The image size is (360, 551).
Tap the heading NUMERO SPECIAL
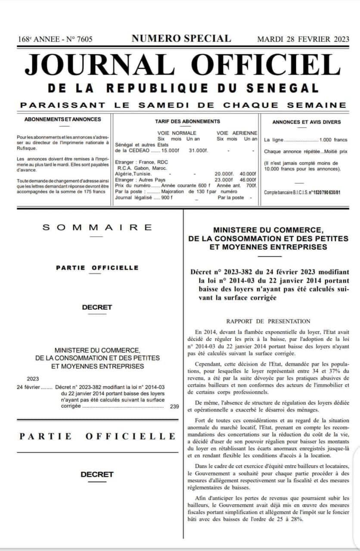point(181,38)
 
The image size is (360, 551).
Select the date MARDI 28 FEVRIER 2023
point(303,39)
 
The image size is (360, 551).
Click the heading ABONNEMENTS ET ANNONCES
point(63,119)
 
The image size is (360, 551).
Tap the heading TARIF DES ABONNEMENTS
point(187,121)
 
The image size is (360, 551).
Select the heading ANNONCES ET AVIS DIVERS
point(306,122)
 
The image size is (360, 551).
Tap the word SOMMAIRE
point(97,227)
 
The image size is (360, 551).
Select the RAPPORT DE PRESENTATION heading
point(268,321)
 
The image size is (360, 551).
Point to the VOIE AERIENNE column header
point(237,133)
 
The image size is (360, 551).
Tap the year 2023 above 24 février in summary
point(33,379)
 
